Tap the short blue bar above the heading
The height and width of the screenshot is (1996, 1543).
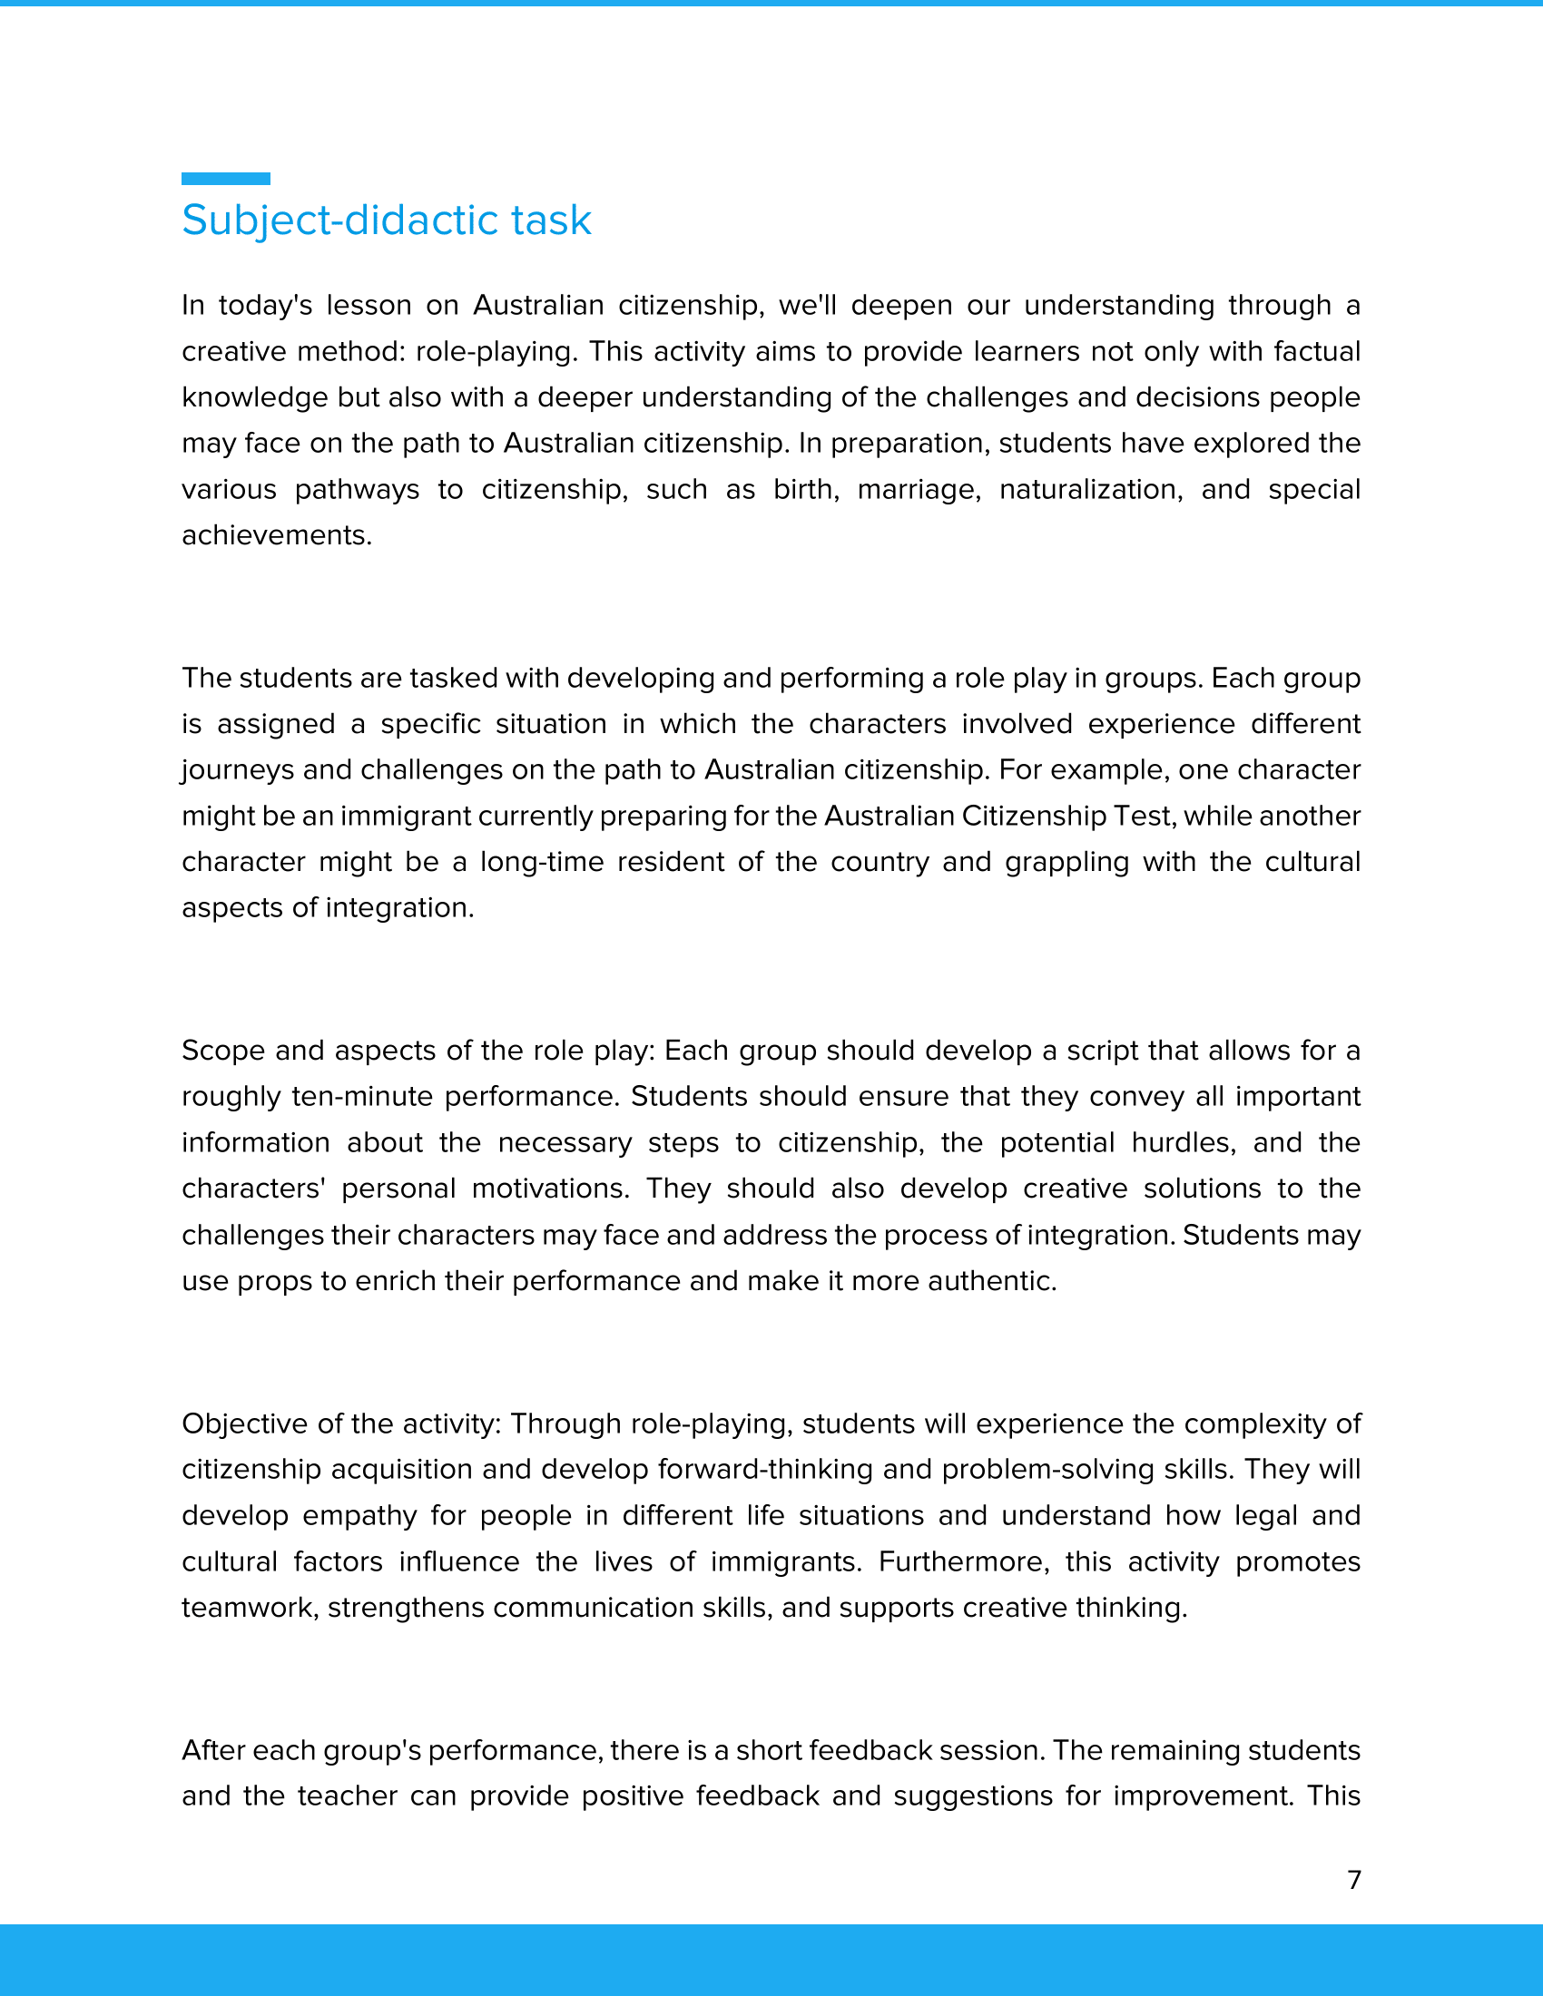tap(226, 178)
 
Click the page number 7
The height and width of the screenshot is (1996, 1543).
tap(1354, 1879)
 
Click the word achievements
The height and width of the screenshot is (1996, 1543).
tap(276, 535)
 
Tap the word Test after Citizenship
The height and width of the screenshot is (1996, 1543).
tap(1142, 817)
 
